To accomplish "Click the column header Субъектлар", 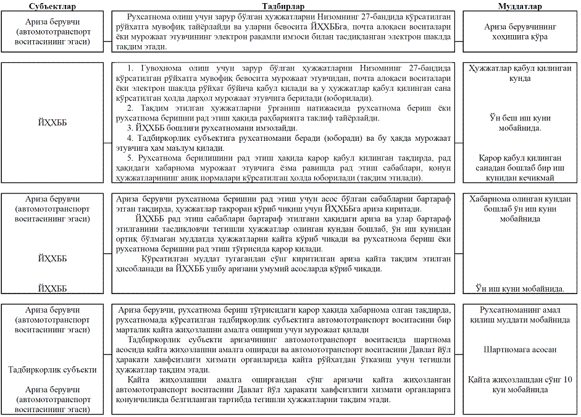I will pos(52,6).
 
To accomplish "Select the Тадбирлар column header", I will pos(284,6).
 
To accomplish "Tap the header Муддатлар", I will pos(520,6).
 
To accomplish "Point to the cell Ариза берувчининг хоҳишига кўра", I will pos(520,32).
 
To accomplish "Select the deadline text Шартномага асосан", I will pos(520,350).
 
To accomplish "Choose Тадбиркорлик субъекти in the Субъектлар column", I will pos(52,369).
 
